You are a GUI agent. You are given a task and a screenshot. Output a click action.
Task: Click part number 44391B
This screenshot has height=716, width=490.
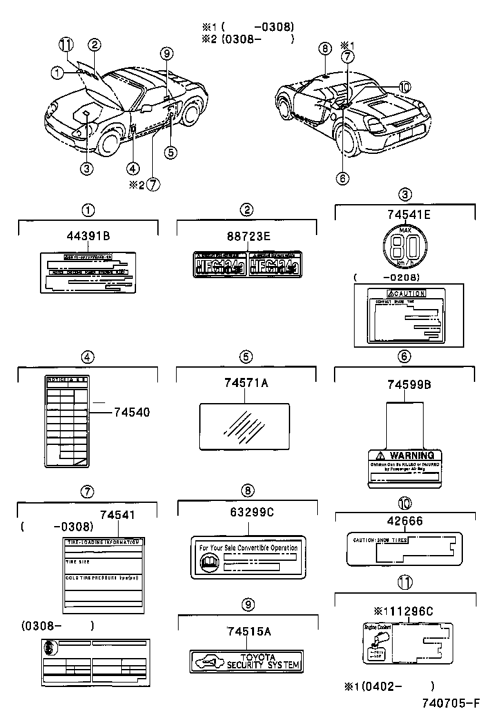pos(88,236)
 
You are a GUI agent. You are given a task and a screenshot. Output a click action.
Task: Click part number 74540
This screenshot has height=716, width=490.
pos(132,412)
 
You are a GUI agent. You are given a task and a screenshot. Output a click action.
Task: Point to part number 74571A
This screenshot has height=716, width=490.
pos(246,384)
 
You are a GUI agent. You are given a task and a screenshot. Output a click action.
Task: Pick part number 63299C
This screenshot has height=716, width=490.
pos(249,512)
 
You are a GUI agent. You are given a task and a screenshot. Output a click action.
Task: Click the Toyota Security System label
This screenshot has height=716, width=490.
pos(247,661)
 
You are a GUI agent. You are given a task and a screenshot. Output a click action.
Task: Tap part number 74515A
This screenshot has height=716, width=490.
pos(248,632)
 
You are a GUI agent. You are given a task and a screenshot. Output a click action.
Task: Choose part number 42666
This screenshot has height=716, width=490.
pos(406,522)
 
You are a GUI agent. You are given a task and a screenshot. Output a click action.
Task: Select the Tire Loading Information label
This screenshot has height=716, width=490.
pos(104,575)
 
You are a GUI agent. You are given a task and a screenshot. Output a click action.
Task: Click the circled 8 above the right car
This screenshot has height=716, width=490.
pos(324,48)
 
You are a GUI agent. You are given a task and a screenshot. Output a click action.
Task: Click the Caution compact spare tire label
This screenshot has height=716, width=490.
pos(404,315)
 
